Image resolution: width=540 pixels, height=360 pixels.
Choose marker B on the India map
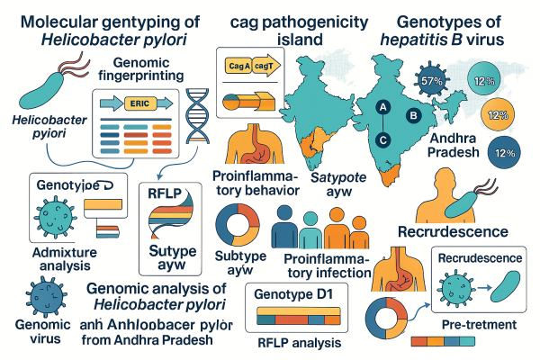click(x=413, y=114)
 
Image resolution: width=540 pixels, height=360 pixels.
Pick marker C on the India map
click(x=382, y=139)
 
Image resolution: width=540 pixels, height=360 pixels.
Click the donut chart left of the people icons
click(x=238, y=225)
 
